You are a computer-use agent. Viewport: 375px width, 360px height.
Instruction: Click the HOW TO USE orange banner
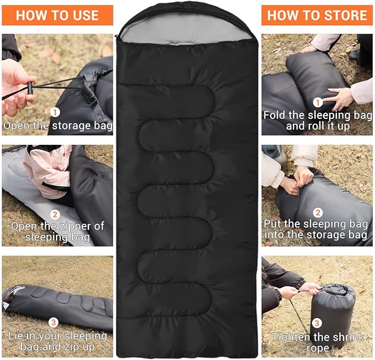[57, 15]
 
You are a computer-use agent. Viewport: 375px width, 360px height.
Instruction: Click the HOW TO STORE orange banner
[317, 15]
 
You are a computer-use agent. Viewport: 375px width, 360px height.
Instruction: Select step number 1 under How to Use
[55, 112]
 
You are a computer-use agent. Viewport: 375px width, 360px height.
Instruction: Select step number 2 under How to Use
[55, 214]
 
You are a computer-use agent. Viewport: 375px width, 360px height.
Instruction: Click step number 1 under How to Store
[318, 102]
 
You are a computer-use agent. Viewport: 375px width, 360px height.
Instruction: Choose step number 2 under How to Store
[318, 212]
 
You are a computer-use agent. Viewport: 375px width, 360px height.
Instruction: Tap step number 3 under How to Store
[316, 323]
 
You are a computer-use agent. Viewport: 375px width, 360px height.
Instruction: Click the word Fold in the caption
[274, 115]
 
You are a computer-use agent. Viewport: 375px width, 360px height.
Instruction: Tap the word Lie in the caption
[16, 336]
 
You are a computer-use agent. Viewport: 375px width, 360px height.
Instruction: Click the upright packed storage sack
[333, 316]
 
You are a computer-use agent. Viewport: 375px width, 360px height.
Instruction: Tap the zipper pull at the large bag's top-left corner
[117, 36]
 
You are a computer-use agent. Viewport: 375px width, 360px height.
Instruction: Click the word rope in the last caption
[318, 348]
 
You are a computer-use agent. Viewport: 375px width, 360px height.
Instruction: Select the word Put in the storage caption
[272, 224]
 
